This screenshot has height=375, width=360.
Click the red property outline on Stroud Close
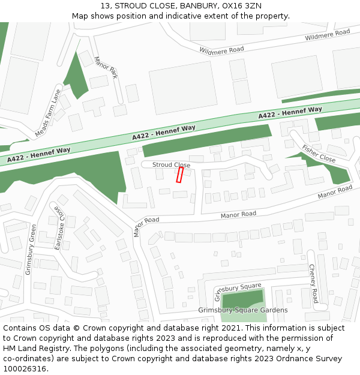179,175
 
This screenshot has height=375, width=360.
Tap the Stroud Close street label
171,165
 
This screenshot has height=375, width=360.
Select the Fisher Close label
319,154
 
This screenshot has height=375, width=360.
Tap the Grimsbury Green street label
31,250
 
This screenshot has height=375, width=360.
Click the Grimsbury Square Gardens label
243,310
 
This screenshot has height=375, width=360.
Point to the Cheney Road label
313,283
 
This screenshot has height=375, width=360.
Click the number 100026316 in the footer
25,369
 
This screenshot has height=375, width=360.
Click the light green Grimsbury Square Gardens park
242,300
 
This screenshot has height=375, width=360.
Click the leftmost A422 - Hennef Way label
39,155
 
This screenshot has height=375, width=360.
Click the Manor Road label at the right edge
335,193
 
